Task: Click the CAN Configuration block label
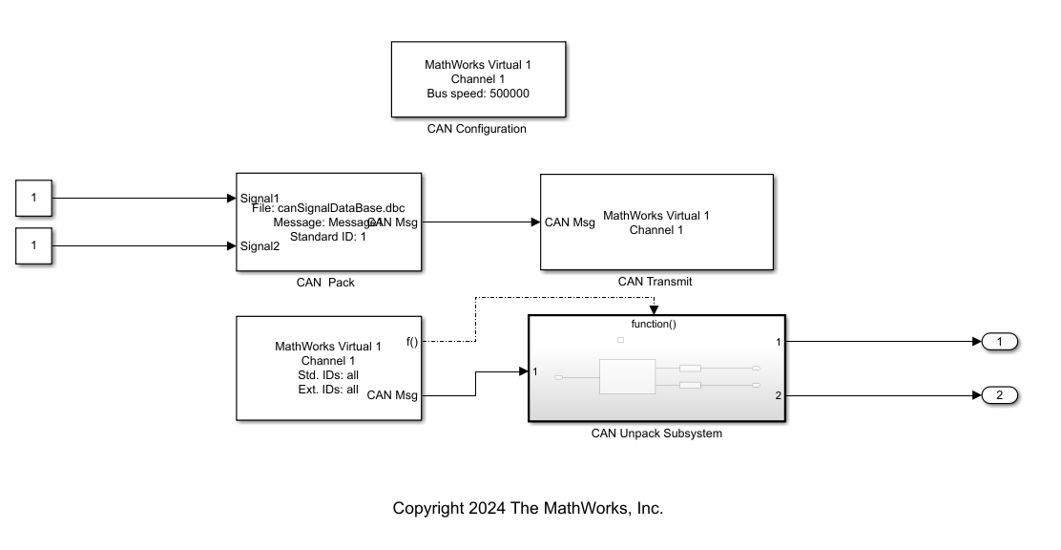coord(476,129)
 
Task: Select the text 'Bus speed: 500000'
coord(478,94)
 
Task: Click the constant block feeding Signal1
coord(34,199)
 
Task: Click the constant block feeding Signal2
coord(34,245)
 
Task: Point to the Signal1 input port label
coord(260,199)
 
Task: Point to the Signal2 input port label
coord(260,246)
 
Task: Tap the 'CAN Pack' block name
coord(325,283)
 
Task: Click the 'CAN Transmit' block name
coord(655,282)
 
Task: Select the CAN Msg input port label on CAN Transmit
coord(570,222)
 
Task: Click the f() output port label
coord(412,342)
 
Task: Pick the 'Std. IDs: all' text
coord(327,375)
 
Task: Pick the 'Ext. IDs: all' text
coord(327,390)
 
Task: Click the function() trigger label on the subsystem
coord(654,324)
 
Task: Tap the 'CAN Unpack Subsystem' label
coord(656,434)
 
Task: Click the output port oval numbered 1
coord(999,342)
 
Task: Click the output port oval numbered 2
coord(999,395)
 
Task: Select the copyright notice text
coord(528,509)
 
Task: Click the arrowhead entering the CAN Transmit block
coord(535,222)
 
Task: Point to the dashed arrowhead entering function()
coord(654,309)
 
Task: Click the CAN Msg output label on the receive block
coord(392,394)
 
